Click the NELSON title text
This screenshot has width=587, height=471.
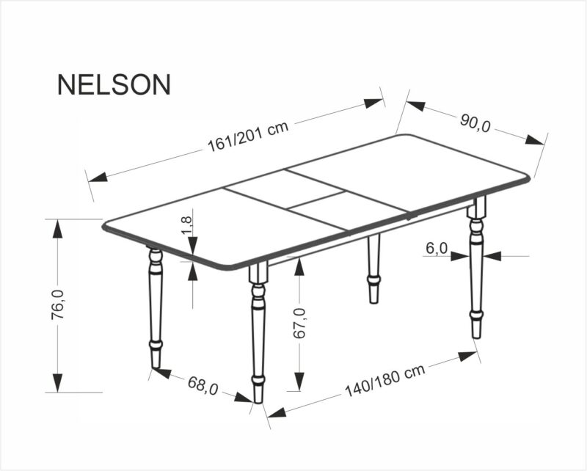tap(114, 84)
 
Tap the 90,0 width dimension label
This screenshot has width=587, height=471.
tap(475, 123)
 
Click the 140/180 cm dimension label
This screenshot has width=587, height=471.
tap(385, 381)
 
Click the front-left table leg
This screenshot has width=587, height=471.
tap(155, 308)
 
